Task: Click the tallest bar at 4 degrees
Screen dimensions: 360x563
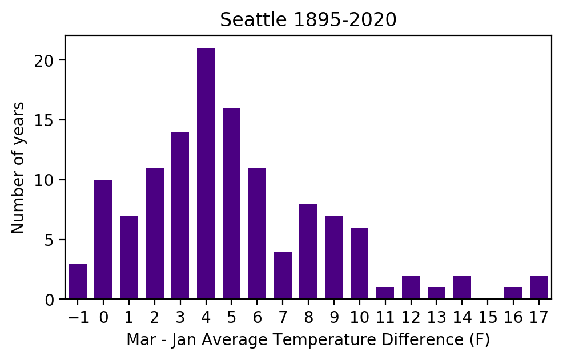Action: point(206,173)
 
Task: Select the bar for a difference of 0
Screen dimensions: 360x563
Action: point(103,239)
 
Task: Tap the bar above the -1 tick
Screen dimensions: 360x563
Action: point(78,281)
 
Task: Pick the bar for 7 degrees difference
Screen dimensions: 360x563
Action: point(283,275)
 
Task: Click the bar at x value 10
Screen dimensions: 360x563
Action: point(359,263)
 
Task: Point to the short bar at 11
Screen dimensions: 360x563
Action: point(385,293)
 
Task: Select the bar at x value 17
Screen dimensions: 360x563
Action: point(538,288)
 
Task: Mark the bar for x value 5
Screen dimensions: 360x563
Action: point(231,203)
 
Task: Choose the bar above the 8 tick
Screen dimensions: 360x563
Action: point(308,251)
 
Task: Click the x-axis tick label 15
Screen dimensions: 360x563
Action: point(488,317)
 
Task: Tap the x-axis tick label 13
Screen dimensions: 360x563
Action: point(436,317)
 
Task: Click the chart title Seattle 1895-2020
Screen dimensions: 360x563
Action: point(308,20)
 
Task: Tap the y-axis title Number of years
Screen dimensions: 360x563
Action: point(18,168)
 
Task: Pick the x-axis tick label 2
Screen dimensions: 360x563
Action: point(155,317)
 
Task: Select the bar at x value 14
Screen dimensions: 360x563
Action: point(462,288)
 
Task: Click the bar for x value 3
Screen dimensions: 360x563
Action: point(180,215)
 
